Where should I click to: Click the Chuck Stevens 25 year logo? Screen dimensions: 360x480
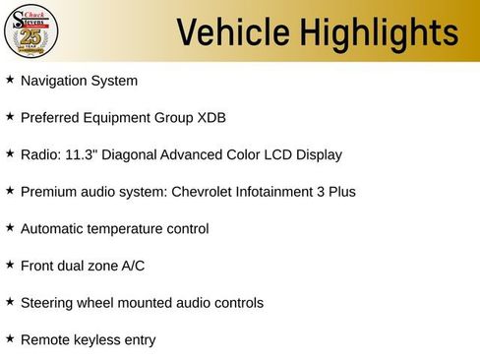tap(31, 31)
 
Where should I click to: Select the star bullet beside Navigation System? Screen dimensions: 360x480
tap(10, 79)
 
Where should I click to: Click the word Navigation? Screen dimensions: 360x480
tap(52, 81)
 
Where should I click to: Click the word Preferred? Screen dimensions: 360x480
tap(48, 118)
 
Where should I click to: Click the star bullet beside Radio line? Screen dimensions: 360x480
tap(10, 153)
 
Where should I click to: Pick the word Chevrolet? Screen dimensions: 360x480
tap(205, 192)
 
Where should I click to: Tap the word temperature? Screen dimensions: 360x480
tap(127, 229)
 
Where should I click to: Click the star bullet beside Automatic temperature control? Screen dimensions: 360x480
tap(10, 227)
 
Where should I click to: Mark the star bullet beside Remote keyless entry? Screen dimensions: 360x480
tap(10, 338)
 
